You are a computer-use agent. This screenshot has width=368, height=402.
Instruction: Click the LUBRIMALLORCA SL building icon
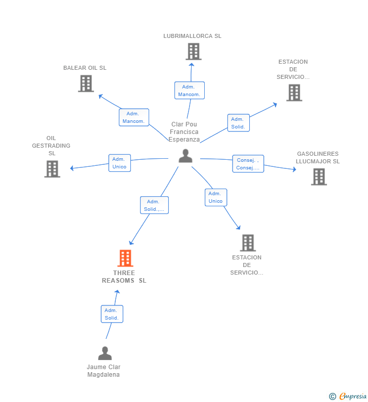click(x=193, y=52)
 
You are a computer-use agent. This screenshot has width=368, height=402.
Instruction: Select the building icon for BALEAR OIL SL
click(x=86, y=83)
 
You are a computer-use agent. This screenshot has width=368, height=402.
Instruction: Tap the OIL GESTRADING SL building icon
click(x=52, y=169)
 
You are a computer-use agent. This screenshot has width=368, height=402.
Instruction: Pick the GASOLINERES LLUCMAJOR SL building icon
click(x=318, y=176)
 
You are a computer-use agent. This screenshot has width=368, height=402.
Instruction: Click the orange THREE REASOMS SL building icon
click(x=125, y=258)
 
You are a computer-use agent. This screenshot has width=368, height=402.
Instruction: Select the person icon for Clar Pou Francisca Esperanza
click(x=186, y=156)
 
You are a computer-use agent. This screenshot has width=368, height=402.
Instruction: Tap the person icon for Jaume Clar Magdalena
click(x=105, y=353)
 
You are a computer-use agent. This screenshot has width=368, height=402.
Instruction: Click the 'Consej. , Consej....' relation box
click(x=248, y=164)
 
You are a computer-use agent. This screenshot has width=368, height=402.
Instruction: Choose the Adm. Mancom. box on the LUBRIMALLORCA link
click(x=189, y=91)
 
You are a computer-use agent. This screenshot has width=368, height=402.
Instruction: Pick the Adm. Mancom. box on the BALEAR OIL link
click(x=134, y=117)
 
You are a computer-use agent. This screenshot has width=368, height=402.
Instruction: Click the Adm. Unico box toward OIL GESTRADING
click(x=119, y=163)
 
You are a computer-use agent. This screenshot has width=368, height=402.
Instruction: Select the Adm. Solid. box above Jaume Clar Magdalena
click(x=112, y=314)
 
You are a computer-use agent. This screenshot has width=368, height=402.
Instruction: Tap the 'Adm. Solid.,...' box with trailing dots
click(x=154, y=205)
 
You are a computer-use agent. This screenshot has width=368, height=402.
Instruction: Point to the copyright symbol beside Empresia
click(x=332, y=396)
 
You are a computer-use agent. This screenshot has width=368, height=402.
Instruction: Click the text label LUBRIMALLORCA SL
click(x=192, y=36)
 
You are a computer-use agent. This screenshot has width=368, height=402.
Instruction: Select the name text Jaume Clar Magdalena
click(x=104, y=371)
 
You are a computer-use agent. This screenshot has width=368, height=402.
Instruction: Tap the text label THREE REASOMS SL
click(x=124, y=277)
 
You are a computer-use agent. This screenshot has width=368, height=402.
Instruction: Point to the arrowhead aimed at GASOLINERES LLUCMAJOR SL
click(x=294, y=169)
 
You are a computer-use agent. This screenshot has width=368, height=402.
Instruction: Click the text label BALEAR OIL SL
click(x=85, y=68)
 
